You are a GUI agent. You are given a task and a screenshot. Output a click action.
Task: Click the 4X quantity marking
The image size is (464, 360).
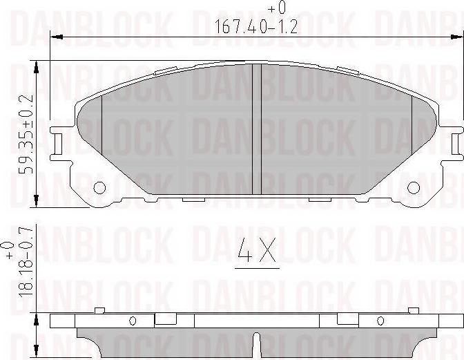point(256,253)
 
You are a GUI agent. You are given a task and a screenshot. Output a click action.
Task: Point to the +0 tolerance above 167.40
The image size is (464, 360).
point(275,8)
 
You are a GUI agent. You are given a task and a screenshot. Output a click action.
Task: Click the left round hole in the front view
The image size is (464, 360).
point(99,187)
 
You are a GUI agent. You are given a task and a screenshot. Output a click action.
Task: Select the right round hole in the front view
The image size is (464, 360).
point(414,187)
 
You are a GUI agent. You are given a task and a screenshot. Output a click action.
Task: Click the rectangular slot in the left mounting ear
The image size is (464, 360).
point(57,144)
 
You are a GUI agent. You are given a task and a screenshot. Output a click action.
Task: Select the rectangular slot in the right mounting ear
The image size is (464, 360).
point(456,144)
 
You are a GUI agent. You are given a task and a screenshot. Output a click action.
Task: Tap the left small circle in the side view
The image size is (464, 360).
point(133,320)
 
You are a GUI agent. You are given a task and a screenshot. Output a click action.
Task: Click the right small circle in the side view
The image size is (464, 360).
point(380,320)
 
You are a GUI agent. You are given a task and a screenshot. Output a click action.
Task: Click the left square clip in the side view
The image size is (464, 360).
point(164,319)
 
